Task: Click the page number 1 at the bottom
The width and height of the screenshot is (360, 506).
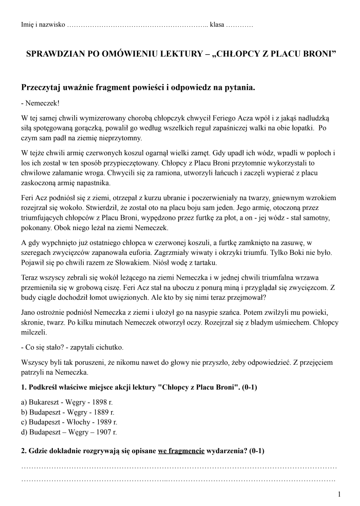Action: (x=339, y=494)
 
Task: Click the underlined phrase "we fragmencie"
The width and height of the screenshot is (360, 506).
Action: (x=181, y=451)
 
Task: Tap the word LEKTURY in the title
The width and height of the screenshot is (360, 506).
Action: (x=180, y=54)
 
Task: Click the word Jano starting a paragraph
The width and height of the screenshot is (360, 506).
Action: (x=29, y=311)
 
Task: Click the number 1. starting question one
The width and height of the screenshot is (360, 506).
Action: (x=24, y=388)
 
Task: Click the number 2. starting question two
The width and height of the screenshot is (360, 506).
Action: (x=24, y=451)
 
